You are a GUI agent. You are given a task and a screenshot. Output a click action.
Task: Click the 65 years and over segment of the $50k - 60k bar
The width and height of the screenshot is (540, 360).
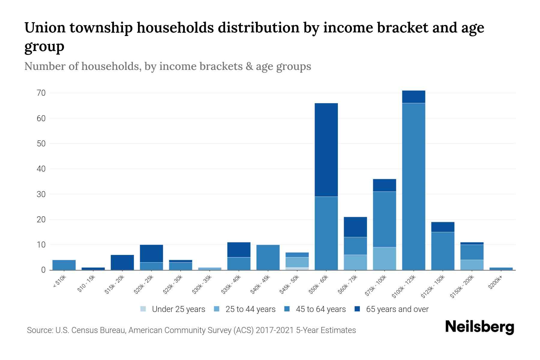(326, 150)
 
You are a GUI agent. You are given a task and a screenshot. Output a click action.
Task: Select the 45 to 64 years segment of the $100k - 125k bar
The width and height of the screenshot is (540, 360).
(413, 186)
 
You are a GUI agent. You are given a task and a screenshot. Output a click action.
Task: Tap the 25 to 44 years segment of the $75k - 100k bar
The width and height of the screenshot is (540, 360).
(384, 258)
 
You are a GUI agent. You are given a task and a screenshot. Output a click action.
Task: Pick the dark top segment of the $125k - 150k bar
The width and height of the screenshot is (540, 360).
(442, 227)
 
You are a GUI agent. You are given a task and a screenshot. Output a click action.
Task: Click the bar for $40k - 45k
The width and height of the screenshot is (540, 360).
(268, 257)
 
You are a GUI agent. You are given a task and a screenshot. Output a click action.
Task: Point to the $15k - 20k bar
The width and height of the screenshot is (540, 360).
(122, 262)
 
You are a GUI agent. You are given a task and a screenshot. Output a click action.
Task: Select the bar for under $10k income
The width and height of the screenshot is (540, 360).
(64, 265)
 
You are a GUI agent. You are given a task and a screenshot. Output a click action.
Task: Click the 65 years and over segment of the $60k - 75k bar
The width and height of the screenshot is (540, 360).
(355, 227)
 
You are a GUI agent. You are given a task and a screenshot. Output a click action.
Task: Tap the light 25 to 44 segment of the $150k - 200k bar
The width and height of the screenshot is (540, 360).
(472, 265)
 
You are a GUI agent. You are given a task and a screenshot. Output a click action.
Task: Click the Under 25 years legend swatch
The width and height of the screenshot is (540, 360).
(143, 309)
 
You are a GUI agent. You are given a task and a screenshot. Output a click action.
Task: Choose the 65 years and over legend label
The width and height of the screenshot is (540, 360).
(397, 309)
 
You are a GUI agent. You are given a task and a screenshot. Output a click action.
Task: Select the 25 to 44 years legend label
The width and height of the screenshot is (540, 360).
(250, 309)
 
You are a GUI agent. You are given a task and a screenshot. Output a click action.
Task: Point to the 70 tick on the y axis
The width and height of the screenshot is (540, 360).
(41, 93)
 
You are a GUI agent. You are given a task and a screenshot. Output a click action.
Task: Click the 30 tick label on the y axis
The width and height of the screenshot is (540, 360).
(41, 194)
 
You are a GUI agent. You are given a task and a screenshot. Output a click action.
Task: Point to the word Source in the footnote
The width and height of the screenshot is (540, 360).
(39, 330)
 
